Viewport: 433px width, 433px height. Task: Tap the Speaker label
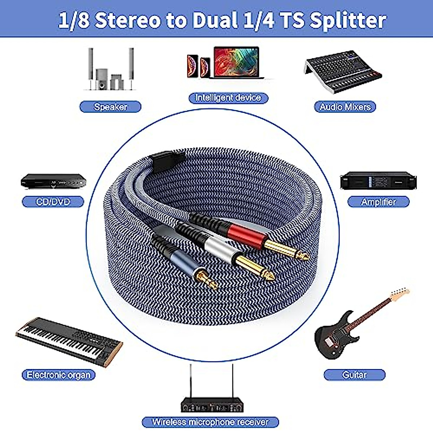(x=110, y=107)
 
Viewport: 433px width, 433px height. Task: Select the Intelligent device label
(x=228, y=98)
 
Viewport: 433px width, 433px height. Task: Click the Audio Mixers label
(x=345, y=107)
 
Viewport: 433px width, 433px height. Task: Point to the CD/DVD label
(x=53, y=202)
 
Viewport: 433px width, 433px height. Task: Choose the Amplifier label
(x=378, y=202)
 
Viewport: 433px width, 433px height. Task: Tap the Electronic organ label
(x=58, y=375)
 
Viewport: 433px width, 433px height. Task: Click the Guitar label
(x=354, y=375)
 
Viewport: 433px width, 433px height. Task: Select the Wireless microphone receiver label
(x=210, y=422)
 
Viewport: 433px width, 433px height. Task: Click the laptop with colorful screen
(x=236, y=62)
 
